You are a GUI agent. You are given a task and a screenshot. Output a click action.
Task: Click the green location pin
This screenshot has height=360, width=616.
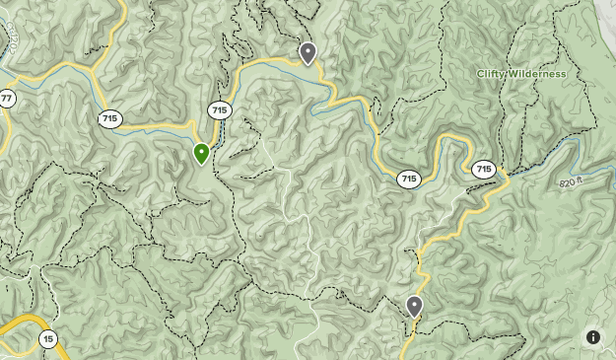pos(201,153)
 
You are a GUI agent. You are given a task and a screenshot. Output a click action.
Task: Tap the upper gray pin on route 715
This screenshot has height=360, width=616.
pos(308,51)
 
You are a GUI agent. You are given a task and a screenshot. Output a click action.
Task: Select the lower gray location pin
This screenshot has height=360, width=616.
pos(414,306)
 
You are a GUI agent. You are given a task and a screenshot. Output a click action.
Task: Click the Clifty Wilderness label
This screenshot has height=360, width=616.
pos(521,74)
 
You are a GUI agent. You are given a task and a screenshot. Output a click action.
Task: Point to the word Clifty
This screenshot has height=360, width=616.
pos(492,74)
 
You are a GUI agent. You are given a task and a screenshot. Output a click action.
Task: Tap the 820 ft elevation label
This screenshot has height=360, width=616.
pos(571,183)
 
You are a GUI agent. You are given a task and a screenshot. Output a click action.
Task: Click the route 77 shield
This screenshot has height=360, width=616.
pos(6,99)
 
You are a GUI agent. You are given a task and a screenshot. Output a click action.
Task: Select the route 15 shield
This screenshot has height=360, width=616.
pos(48,338)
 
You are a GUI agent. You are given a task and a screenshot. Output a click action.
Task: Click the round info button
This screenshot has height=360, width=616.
pos(593,337)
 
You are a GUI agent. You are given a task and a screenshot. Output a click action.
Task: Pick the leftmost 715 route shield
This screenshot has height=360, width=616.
pos(110,118)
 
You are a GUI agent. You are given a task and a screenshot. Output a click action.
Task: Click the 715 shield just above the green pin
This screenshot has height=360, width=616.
pos(220,110)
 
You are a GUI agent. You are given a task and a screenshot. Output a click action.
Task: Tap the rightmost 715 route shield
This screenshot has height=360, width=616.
pos(483,170)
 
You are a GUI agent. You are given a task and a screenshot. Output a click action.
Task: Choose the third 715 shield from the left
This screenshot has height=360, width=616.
pos(409,180)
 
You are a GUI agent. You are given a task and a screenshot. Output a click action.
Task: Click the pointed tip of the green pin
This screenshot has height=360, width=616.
pos(201,165)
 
